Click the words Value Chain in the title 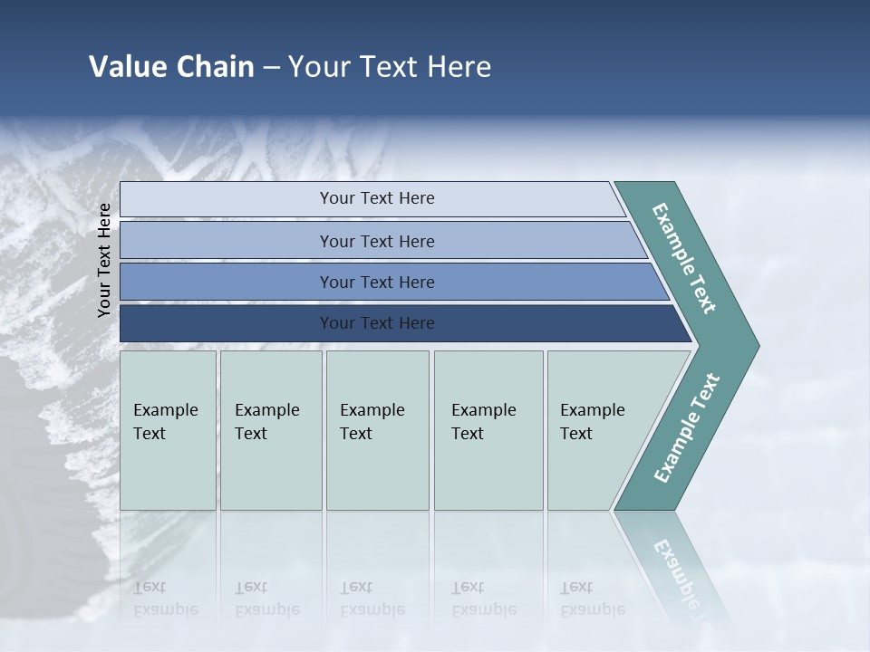171,67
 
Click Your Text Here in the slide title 390,67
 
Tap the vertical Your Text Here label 104,260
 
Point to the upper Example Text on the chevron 684,259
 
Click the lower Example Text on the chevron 687,428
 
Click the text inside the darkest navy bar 377,323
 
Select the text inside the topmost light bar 377,198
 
